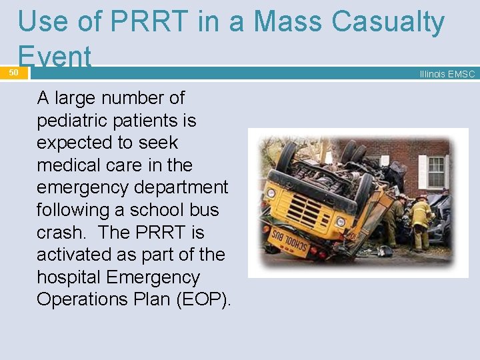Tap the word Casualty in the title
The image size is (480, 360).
click(x=389, y=23)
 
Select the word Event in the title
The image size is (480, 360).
click(x=55, y=57)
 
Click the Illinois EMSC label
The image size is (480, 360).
click(x=447, y=74)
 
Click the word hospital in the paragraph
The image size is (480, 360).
click(x=71, y=277)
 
